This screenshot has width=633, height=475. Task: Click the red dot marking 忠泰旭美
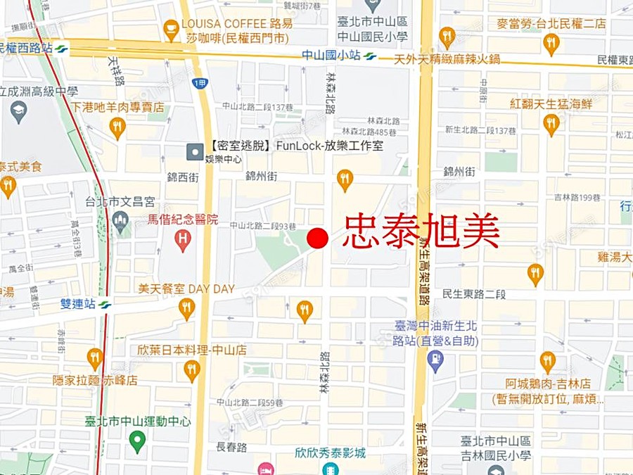[318, 238]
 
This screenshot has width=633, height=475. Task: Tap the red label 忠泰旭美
[421, 232]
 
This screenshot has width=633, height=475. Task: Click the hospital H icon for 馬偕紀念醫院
[183, 241]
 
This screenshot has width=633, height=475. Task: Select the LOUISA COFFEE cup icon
[171, 30]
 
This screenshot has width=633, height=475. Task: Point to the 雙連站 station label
[77, 304]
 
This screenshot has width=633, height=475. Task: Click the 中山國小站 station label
[329, 55]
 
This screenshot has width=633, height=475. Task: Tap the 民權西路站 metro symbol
[62, 49]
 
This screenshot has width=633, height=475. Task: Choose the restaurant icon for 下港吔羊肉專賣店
[117, 127]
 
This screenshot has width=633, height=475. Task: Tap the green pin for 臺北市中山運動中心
[138, 442]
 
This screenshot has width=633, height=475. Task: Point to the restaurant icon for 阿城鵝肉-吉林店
[548, 362]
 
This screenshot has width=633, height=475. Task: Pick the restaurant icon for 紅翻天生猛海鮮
[551, 124]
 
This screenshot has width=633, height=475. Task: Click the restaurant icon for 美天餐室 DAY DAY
[186, 308]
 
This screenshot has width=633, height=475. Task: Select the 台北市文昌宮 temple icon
[120, 222]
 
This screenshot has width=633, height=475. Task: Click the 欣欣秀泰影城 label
[331, 453]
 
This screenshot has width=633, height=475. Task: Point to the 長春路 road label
[231, 447]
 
